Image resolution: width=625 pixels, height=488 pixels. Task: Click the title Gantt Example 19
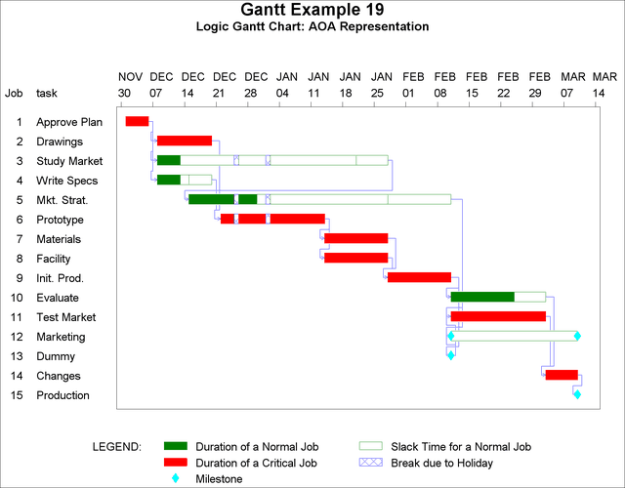point(312,11)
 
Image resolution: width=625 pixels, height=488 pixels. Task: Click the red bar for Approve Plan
point(137,121)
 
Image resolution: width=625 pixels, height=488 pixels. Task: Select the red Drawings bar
point(185,141)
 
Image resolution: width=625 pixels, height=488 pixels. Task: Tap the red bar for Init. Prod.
point(419,277)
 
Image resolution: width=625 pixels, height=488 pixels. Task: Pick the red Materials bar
point(355,238)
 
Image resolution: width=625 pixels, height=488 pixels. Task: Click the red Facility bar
point(355,258)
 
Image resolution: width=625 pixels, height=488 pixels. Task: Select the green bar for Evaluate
point(482,297)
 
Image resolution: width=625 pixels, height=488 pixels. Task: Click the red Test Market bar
point(498,316)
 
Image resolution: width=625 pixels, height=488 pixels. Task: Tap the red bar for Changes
point(562,375)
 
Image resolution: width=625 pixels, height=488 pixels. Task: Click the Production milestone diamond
point(577,394)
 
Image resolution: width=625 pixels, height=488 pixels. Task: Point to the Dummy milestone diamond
point(450,355)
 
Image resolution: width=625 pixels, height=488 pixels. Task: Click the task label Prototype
point(60,220)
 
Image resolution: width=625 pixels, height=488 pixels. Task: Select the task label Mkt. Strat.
point(62,200)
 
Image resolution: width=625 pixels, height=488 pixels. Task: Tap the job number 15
point(18,395)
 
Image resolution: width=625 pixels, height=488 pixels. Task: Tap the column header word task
point(47,94)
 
